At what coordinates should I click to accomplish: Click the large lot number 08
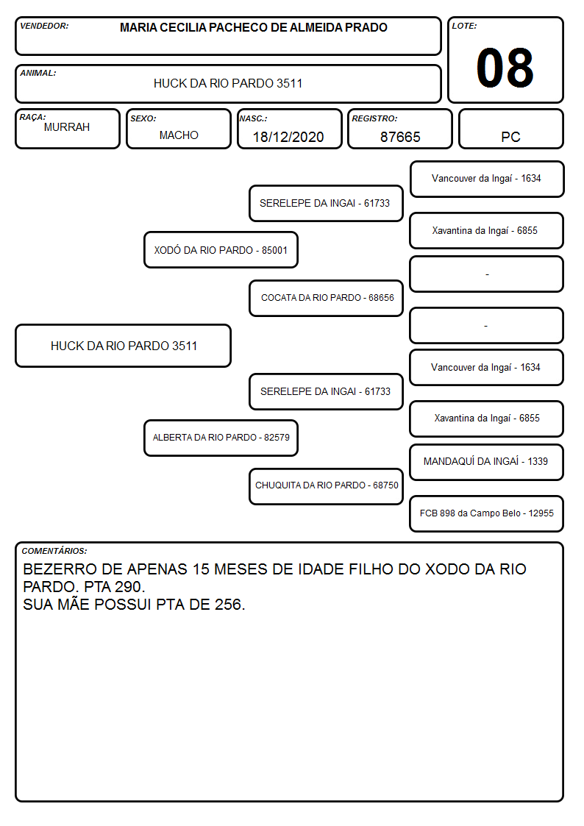point(505,68)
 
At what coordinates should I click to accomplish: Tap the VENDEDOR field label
point(44,26)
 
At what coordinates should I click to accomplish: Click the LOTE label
point(464,26)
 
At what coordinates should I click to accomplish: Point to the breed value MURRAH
point(67,127)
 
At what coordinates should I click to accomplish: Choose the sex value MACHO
point(179,135)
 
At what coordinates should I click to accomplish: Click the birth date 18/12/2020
point(288,137)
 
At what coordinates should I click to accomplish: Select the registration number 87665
point(400,137)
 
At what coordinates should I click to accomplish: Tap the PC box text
point(510,137)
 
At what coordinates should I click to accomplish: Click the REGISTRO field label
point(374,118)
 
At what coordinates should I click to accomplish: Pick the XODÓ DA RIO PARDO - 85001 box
point(221,250)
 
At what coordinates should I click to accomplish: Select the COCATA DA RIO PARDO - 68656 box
point(326,298)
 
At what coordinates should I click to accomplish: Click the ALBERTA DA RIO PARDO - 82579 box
point(221,438)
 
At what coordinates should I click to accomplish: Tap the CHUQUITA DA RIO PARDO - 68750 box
point(326,486)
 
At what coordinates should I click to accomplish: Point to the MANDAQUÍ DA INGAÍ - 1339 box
point(486,462)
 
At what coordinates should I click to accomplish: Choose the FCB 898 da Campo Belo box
point(486,513)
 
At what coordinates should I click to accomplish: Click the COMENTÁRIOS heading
point(54,551)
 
